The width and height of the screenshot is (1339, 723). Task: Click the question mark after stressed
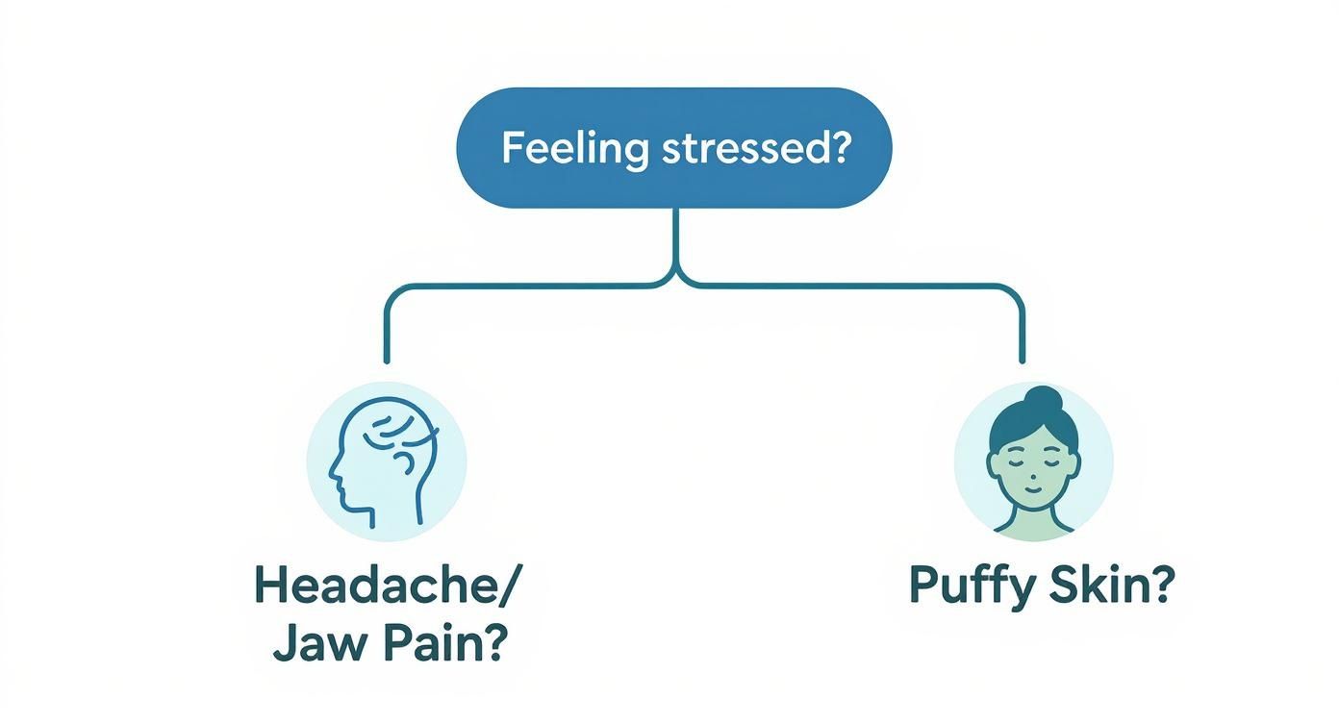pos(841,149)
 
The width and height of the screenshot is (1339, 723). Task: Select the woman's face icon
pos(1032,459)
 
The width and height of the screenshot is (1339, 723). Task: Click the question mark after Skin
pos(1162,586)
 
